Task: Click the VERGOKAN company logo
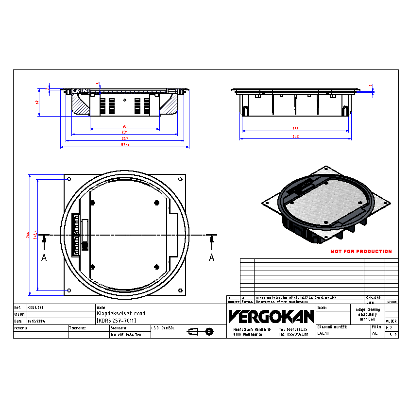(x=271, y=316)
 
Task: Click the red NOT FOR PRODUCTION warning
(x=361, y=252)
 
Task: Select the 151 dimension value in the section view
(x=125, y=127)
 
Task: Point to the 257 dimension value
(x=125, y=139)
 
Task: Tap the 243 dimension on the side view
(x=295, y=136)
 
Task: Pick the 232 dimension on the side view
(x=295, y=129)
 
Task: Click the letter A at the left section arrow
(x=44, y=258)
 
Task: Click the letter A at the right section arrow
(x=211, y=258)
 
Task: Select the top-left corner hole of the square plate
(x=68, y=179)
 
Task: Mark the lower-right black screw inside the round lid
(x=156, y=266)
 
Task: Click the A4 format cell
(x=375, y=334)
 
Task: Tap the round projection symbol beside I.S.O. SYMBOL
(x=209, y=331)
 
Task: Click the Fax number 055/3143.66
(x=294, y=334)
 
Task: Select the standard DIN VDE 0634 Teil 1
(x=128, y=335)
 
